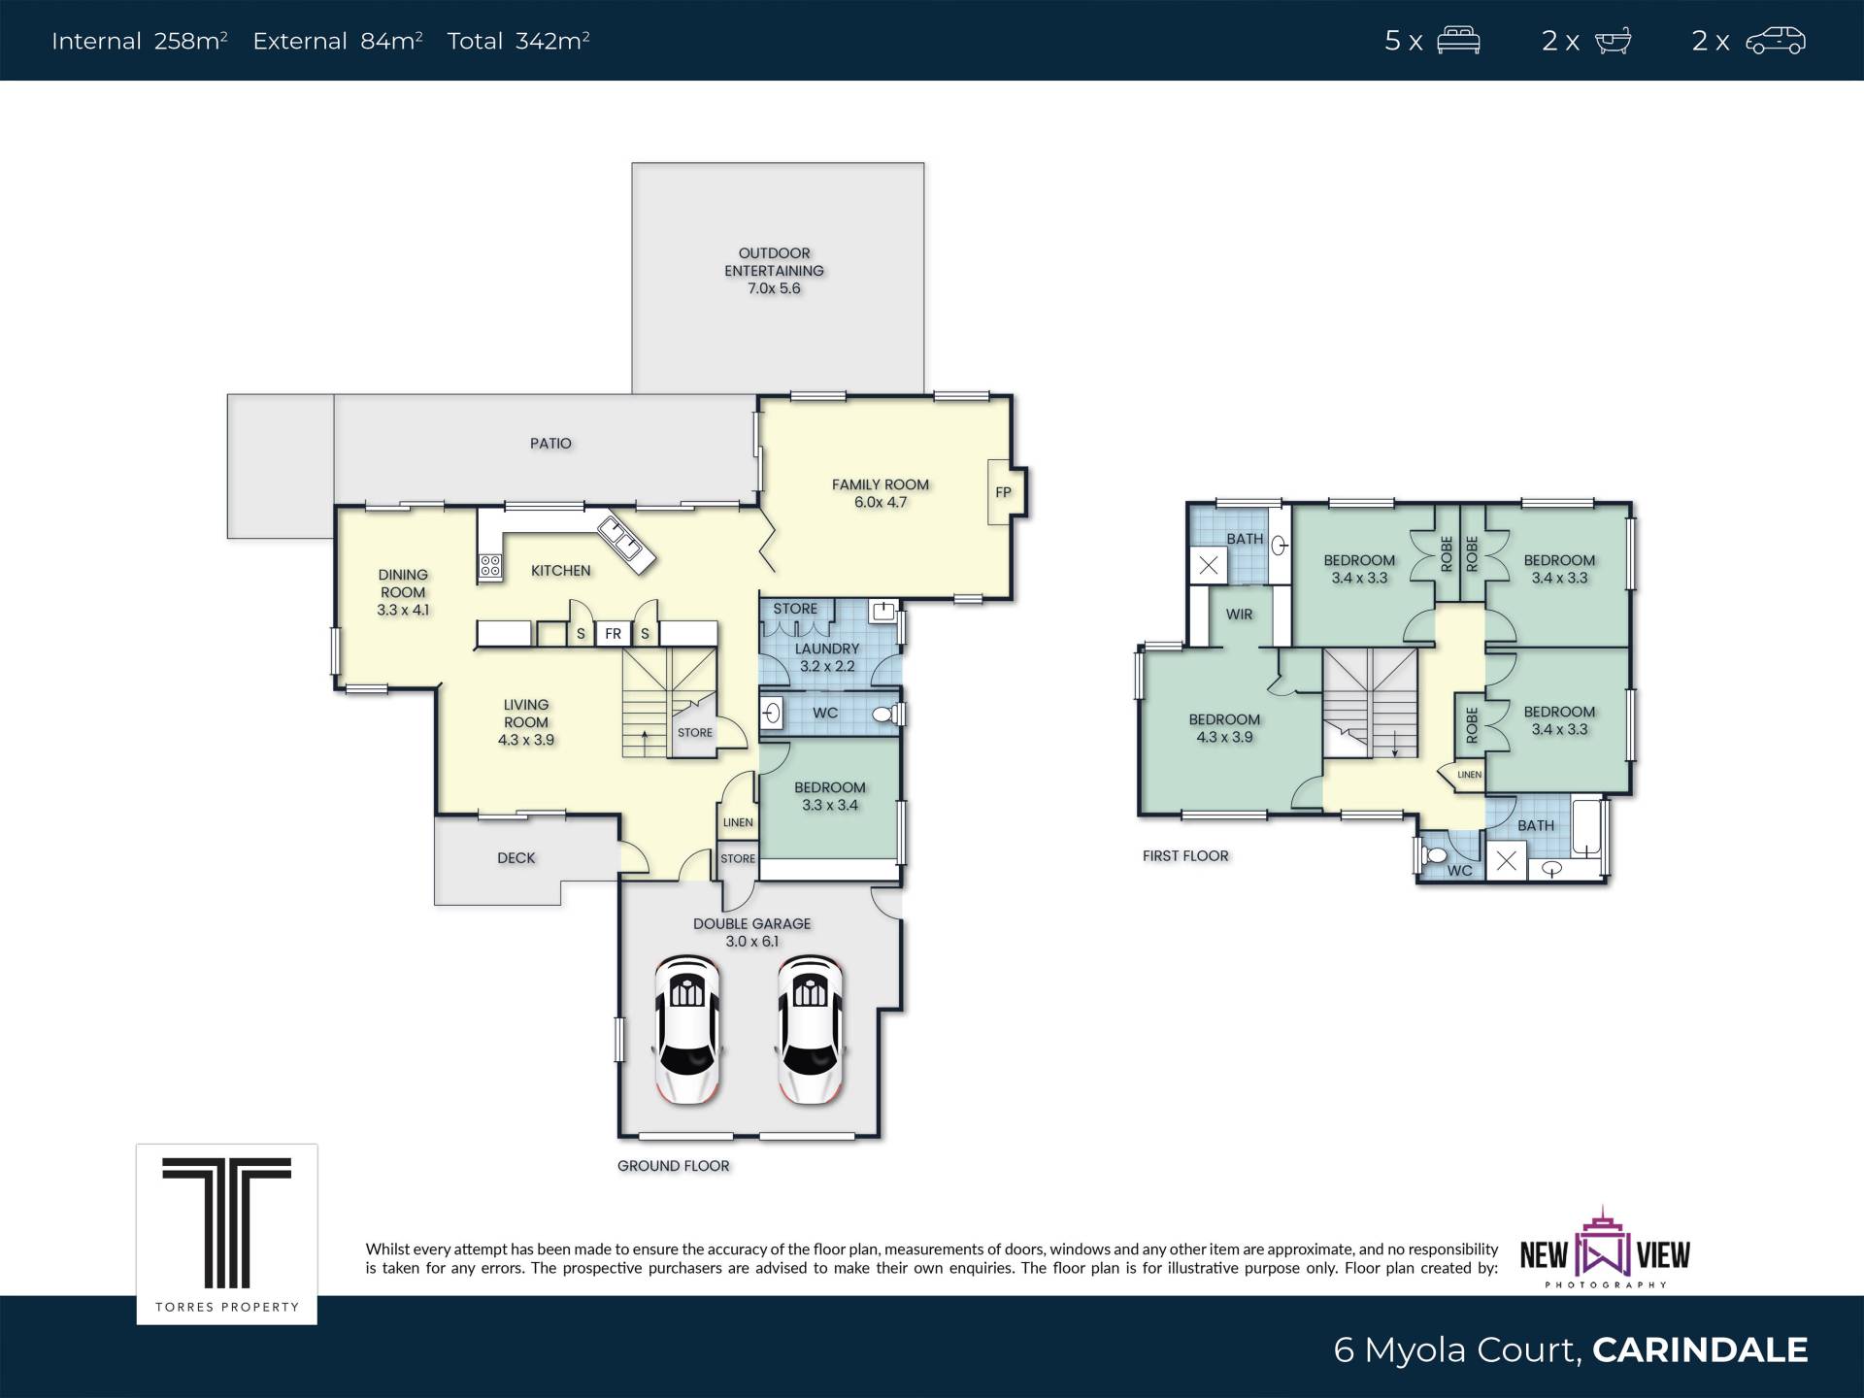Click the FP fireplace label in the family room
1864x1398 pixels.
tap(1003, 492)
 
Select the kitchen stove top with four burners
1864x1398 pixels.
tap(490, 566)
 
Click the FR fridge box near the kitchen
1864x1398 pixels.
tap(613, 634)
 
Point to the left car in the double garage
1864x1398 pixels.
tap(687, 1029)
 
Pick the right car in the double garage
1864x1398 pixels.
tap(810, 1029)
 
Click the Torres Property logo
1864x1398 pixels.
tap(227, 1234)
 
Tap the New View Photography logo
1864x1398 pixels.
tap(1605, 1248)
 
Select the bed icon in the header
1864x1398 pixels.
tap(1458, 41)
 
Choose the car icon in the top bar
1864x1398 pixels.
tap(1776, 41)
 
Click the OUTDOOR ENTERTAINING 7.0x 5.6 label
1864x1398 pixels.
tap(774, 271)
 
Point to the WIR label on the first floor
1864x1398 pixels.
tap(1239, 615)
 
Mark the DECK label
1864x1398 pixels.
tap(516, 858)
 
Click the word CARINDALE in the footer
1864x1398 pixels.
tap(1700, 1349)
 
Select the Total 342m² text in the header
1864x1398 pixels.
tap(518, 41)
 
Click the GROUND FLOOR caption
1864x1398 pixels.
tap(673, 1166)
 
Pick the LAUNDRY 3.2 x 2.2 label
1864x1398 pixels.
tap(827, 657)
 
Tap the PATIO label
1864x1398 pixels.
tap(550, 444)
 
